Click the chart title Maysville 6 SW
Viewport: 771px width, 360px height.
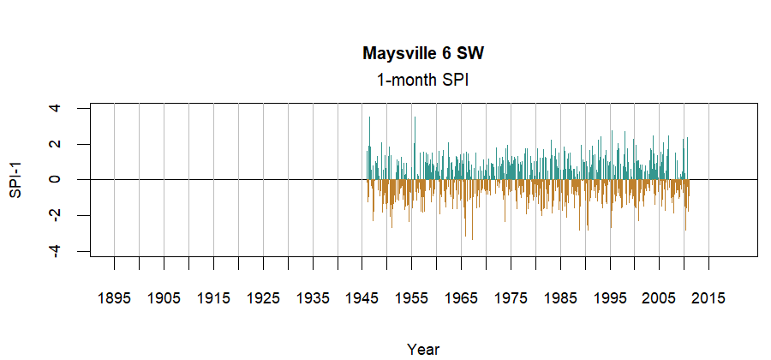pyautogui.click(x=423, y=54)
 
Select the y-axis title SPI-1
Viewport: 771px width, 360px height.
pyautogui.click(x=15, y=179)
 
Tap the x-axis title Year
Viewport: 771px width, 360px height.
pyautogui.click(x=423, y=349)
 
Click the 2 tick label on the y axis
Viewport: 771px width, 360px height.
pyautogui.click(x=55, y=144)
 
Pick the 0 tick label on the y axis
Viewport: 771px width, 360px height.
pyautogui.click(x=55, y=179)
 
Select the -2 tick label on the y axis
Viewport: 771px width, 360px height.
pyautogui.click(x=55, y=214)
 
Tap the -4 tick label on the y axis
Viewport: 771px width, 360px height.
pyautogui.click(x=55, y=250)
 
